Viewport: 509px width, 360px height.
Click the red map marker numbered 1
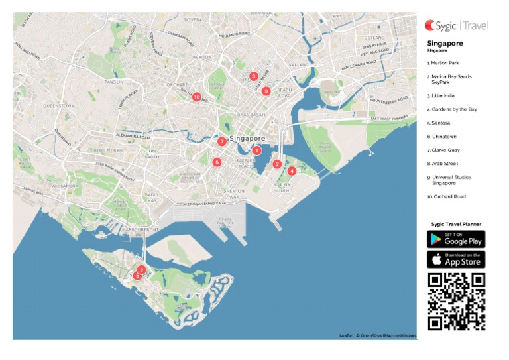(x=256, y=150)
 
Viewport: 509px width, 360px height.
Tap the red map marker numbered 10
(x=196, y=97)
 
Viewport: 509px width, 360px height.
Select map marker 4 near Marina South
(x=292, y=170)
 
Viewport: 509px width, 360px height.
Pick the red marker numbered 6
(x=216, y=162)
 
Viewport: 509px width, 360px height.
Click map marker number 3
(x=253, y=76)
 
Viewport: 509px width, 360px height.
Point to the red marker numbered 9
(x=142, y=269)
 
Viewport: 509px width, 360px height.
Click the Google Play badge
(x=456, y=239)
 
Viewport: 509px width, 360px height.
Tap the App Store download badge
(x=456, y=259)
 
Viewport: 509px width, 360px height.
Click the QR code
(x=456, y=302)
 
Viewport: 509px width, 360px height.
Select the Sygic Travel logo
(x=456, y=26)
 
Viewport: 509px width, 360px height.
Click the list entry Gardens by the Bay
(x=453, y=109)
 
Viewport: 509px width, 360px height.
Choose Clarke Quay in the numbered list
(x=445, y=150)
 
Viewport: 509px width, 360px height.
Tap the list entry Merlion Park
(x=445, y=63)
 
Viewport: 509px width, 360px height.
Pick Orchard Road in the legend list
(x=447, y=196)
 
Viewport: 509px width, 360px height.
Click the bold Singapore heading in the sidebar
(x=445, y=44)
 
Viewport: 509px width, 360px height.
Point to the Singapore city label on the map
(x=247, y=138)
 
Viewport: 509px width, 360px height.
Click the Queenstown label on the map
(x=58, y=105)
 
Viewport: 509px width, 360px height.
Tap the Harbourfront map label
(x=141, y=229)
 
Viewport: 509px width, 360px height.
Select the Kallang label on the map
(x=299, y=65)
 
